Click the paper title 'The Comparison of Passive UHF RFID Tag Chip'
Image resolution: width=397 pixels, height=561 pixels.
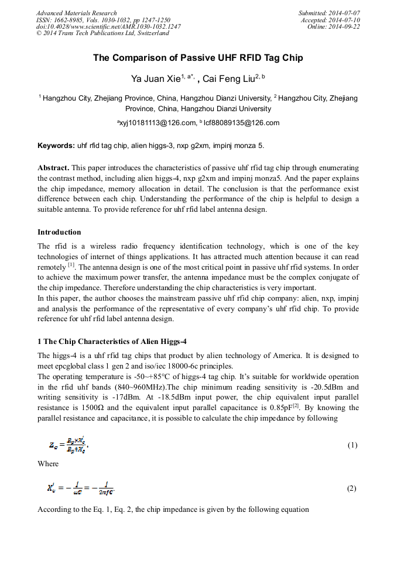(x=198, y=58)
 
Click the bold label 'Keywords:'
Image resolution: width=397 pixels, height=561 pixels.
(x=56, y=145)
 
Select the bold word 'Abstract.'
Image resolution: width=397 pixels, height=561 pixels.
(x=53, y=167)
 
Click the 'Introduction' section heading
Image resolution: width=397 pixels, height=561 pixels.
(x=59, y=232)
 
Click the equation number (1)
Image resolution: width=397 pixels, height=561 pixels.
(x=352, y=445)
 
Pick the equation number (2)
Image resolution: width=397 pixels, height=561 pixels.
(x=352, y=488)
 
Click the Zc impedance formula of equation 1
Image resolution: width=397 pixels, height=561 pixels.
(x=69, y=445)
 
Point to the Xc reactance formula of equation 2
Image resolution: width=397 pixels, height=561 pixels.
(x=80, y=488)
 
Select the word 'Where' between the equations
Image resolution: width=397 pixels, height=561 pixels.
(x=48, y=464)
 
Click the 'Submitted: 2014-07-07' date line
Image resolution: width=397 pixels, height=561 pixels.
(x=329, y=13)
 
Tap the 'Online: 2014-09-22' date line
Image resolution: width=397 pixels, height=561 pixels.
(x=334, y=27)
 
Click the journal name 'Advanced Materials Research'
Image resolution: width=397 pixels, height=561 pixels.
(x=76, y=13)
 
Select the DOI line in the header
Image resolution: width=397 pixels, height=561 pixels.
(x=108, y=27)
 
